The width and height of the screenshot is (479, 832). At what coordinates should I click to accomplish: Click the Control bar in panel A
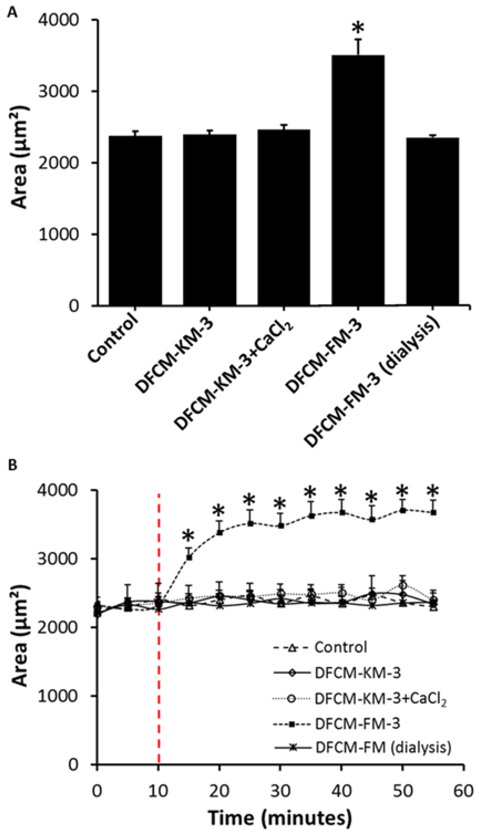[135, 220]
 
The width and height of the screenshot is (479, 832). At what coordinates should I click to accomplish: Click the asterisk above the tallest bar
[358, 28]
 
